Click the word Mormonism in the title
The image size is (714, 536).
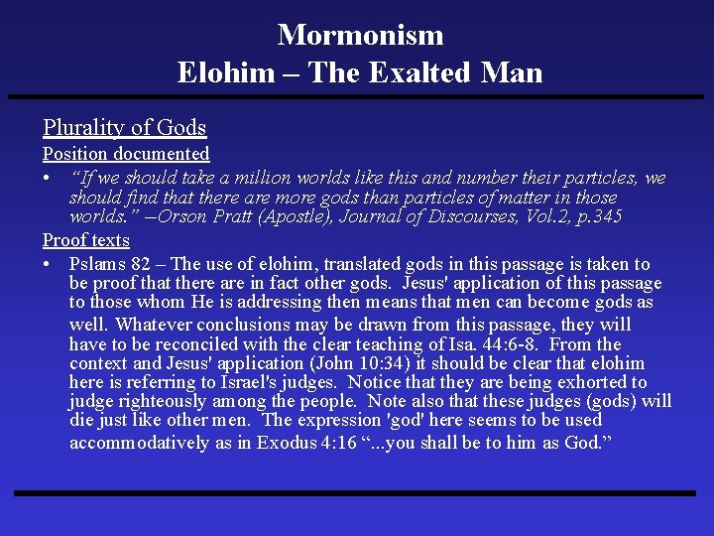pos(360,36)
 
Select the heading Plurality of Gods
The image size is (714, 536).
pos(124,127)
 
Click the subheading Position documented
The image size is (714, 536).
pos(126,154)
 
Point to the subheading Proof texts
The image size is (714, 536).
pos(85,240)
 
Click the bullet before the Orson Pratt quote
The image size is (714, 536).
pos(48,179)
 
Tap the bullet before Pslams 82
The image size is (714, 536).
pos(48,264)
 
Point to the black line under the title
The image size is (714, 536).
pos(357,97)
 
